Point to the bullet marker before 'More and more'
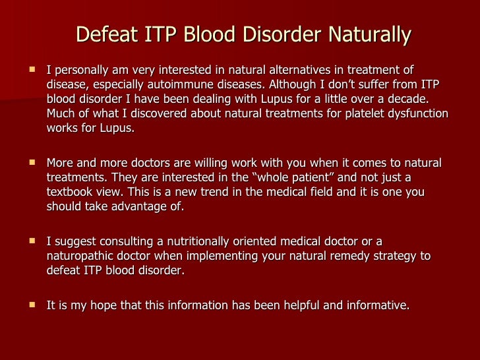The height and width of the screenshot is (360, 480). (x=30, y=163)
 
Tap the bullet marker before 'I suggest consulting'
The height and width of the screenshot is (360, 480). (x=30, y=241)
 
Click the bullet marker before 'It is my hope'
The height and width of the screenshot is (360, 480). (x=30, y=305)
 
